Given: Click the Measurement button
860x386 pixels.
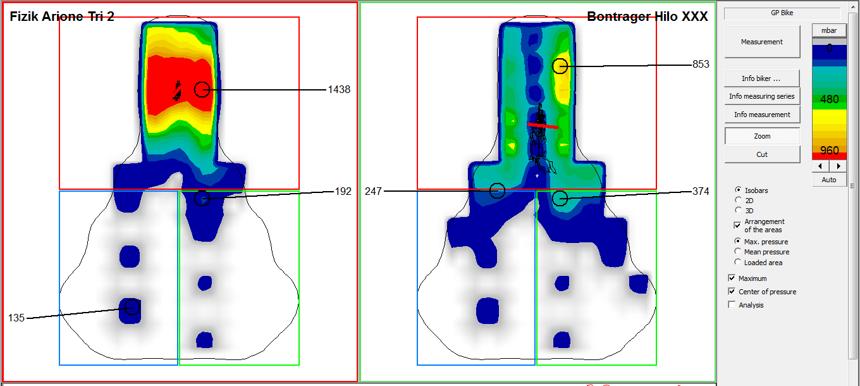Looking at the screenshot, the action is [762, 42].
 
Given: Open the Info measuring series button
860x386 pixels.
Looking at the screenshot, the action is [762, 96].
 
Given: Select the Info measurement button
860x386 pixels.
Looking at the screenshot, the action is [762, 115].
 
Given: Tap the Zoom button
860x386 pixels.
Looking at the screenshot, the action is [762, 136].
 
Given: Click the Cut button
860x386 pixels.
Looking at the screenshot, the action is [762, 154].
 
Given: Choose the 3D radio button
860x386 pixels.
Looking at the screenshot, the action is [738, 210].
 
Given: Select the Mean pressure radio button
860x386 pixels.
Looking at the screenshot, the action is [737, 252].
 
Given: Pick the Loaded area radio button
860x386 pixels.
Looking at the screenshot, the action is [737, 263].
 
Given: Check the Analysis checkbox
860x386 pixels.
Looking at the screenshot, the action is [732, 305].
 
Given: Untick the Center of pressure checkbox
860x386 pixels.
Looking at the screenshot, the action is [732, 292].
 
